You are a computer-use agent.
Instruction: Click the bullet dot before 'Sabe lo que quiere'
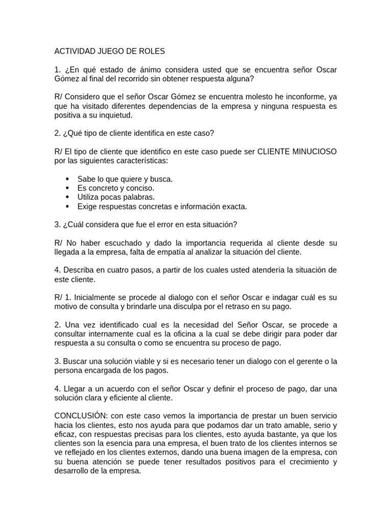click(x=68, y=179)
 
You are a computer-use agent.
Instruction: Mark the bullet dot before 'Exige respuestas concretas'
click(x=68, y=207)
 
